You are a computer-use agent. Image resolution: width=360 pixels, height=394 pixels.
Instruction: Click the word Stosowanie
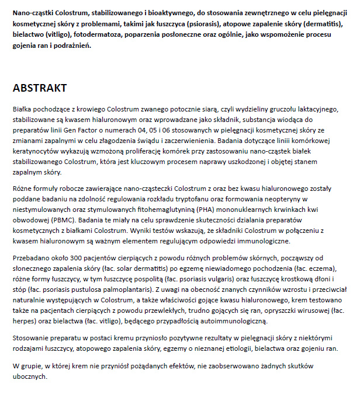(32, 339)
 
